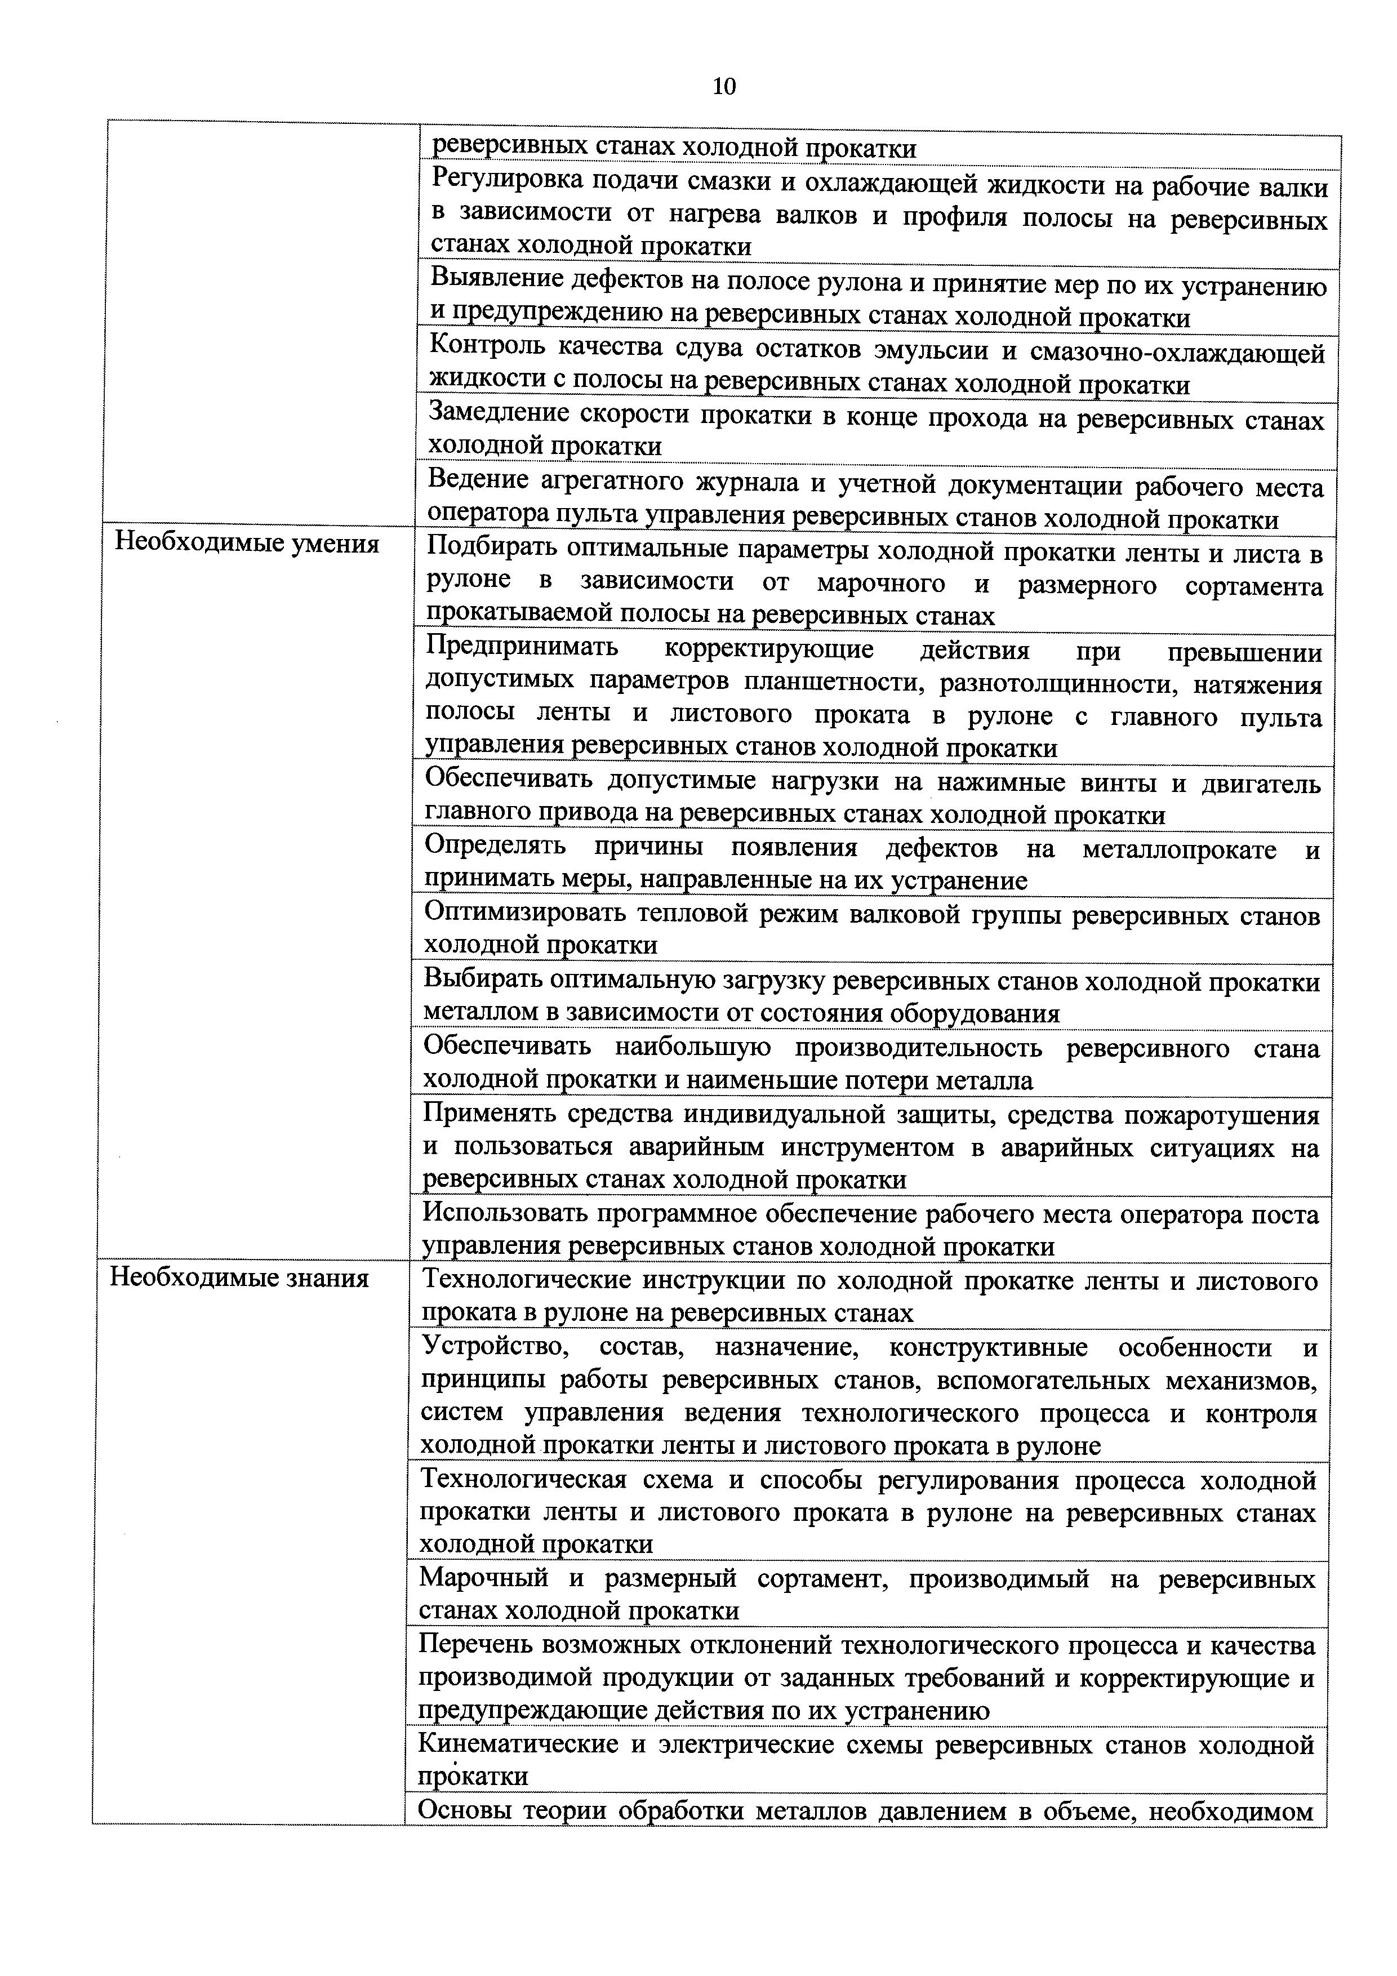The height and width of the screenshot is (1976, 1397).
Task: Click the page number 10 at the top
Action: click(724, 87)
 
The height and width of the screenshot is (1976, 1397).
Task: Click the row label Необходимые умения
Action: click(247, 544)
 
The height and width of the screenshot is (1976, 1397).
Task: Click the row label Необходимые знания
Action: click(239, 1278)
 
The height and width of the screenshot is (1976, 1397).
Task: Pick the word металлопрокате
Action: click(1179, 849)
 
